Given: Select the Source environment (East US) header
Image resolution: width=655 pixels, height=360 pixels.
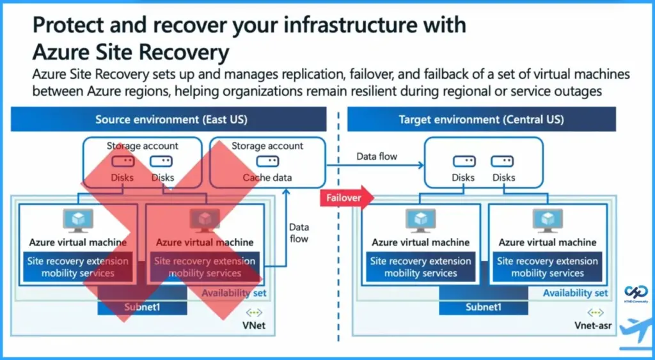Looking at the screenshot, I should (171, 120).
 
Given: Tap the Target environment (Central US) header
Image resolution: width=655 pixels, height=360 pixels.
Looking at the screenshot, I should (481, 120).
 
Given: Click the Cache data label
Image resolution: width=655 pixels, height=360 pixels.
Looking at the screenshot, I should (267, 178).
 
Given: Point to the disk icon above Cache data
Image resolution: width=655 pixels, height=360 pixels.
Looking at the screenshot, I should (267, 162).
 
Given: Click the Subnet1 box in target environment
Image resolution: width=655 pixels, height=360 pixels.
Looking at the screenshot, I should (484, 307).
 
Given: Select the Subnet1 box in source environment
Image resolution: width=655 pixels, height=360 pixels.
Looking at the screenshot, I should (142, 307).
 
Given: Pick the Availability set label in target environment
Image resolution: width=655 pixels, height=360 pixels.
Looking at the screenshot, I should (575, 293).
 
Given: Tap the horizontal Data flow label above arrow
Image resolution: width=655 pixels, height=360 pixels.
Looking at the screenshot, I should (377, 156).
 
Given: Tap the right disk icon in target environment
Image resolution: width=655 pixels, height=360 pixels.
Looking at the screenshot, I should (503, 162).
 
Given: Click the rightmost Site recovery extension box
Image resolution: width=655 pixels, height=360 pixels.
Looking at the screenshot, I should (548, 267).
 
